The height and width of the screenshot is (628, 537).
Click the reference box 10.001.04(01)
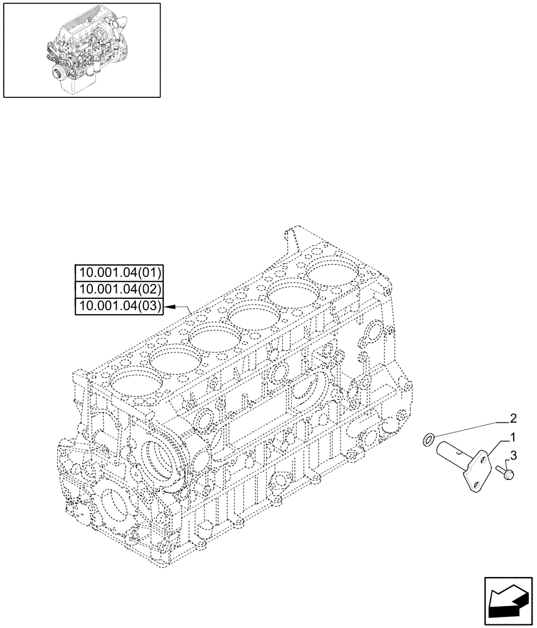119,273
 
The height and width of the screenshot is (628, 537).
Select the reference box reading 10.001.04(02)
119,290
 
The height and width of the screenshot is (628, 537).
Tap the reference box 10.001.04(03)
119,306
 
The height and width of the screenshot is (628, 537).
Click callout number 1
513,436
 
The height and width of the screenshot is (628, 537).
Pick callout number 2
513,417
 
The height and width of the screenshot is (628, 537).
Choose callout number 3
513,455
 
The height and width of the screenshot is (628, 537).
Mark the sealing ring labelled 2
428,440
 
